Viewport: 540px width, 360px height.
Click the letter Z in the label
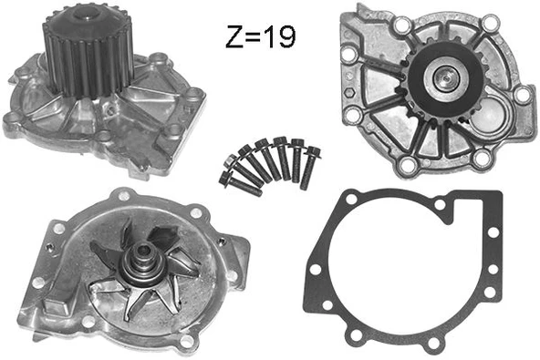(x=234, y=37)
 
